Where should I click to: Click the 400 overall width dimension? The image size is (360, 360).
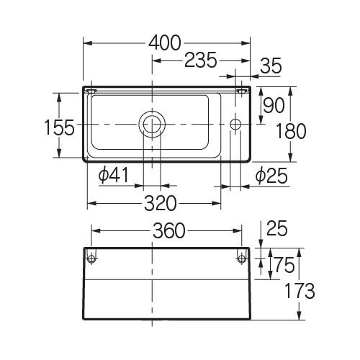(164, 43)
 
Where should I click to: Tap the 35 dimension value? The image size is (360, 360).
(271, 66)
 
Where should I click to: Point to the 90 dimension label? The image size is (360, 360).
(274, 105)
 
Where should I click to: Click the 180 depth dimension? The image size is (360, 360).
(291, 131)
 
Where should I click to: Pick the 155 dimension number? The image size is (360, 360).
(60, 127)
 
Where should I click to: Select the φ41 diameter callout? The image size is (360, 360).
(114, 175)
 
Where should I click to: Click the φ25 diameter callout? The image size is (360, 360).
(271, 176)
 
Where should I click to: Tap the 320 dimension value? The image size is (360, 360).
(161, 203)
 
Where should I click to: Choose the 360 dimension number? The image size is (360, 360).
(169, 230)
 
